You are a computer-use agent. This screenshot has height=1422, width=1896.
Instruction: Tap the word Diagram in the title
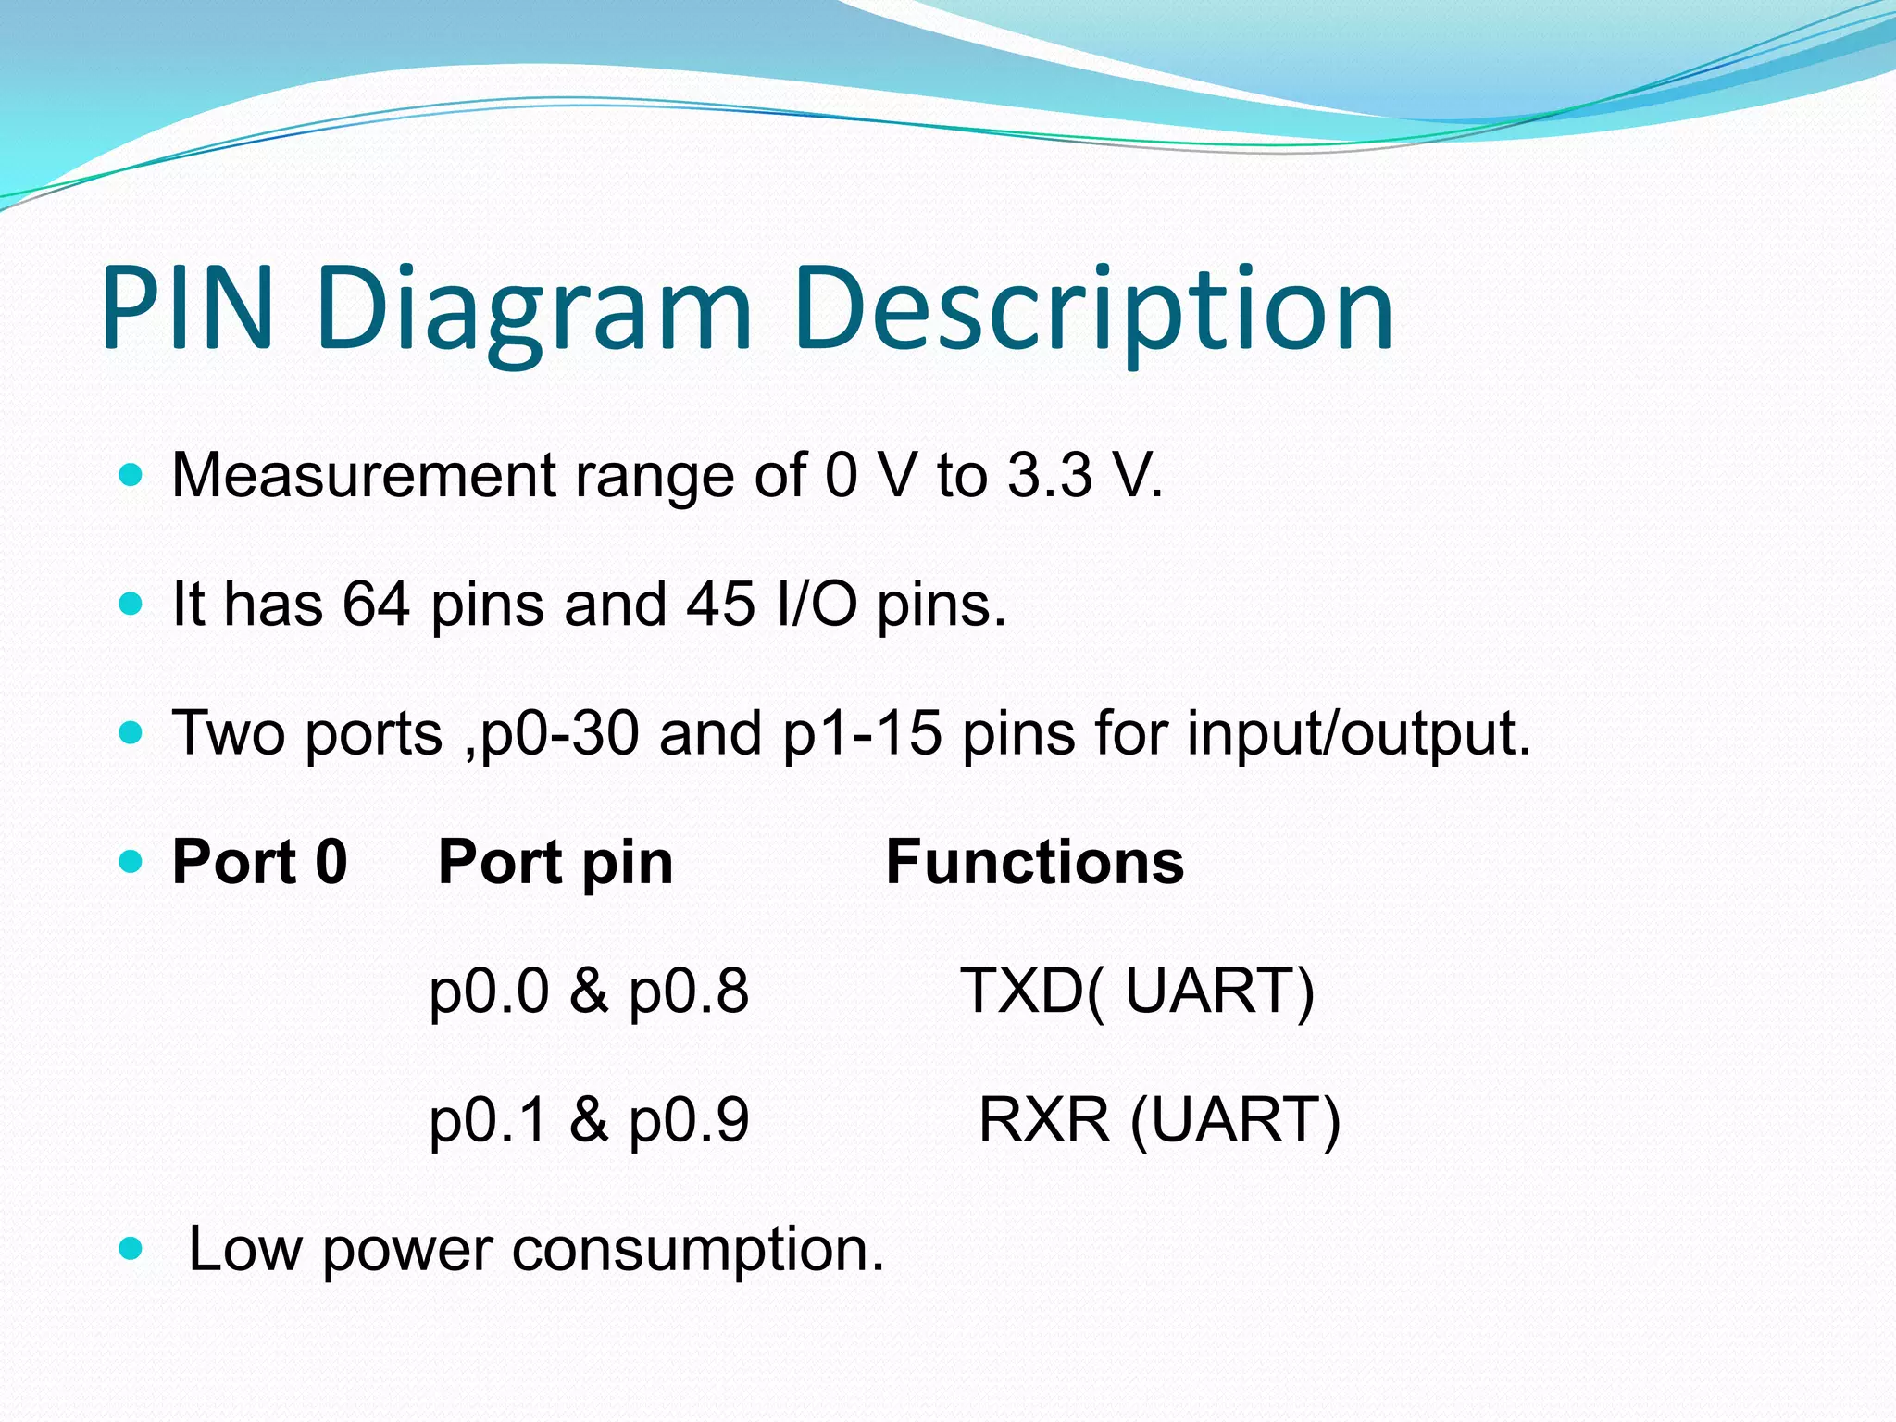pos(532,310)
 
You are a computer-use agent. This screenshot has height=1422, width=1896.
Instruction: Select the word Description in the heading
pos(1093,310)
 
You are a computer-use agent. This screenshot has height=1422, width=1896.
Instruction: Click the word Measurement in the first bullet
pos(363,475)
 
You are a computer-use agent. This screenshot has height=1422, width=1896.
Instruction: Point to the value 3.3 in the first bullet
pos(1050,475)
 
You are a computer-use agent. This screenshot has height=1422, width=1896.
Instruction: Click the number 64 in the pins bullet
pos(376,604)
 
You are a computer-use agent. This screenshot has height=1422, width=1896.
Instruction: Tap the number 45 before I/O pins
pos(720,604)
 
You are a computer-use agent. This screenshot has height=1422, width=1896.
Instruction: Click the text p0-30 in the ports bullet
pos(560,733)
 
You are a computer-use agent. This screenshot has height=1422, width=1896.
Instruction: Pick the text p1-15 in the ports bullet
pos(862,733)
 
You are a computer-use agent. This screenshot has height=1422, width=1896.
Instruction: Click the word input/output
pos(1358,733)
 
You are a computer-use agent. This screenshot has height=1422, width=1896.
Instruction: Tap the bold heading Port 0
pos(259,862)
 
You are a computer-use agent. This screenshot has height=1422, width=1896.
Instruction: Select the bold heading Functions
pos(1034,862)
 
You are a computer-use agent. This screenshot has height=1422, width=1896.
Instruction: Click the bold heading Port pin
pos(555,862)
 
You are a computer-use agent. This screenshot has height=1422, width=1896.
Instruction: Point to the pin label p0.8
pos(688,992)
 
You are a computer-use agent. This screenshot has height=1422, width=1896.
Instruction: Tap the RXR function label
pos(1043,1120)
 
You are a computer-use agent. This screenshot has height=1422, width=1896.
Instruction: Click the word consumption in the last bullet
pos(698,1249)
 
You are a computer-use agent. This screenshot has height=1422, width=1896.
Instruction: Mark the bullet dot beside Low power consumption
pos(131,1250)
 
